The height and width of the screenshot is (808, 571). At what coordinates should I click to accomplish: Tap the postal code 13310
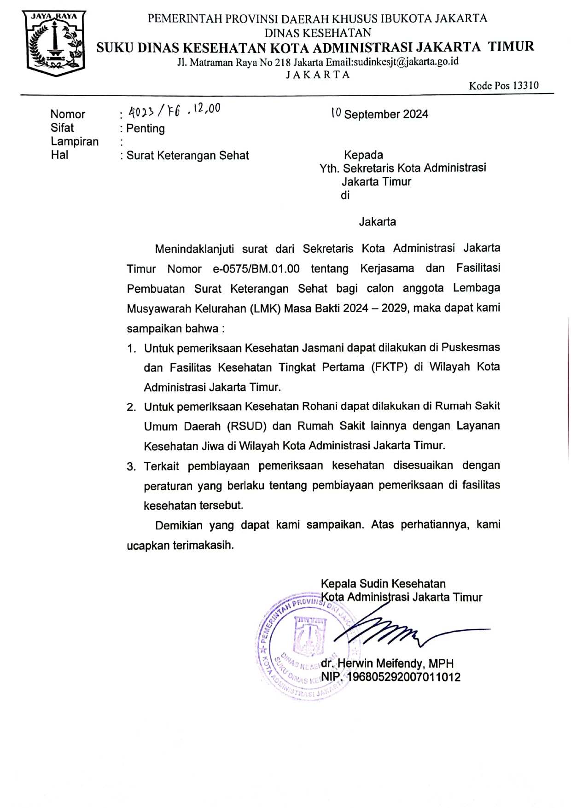tap(525, 86)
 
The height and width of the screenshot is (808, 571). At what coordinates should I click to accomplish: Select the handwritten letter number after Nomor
tap(174, 110)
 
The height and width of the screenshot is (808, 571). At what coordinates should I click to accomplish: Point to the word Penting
tap(146, 128)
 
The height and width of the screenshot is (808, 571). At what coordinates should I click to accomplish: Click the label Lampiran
tap(75, 141)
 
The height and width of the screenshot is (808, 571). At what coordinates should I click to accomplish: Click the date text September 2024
tap(386, 114)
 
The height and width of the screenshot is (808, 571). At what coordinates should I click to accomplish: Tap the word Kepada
tap(363, 155)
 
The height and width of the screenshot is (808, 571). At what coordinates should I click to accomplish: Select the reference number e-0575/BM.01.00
tap(256, 269)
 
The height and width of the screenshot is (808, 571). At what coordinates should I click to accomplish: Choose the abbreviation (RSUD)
tap(247, 426)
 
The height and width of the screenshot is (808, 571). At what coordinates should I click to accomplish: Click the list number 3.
tap(131, 467)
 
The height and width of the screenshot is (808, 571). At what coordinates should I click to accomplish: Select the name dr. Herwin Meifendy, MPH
tap(387, 663)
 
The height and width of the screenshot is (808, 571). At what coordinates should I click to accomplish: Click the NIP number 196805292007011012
tap(403, 677)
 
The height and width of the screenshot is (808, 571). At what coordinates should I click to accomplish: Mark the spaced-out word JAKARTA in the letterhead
tap(318, 75)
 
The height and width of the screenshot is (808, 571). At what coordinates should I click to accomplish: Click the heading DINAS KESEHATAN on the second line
tap(318, 33)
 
